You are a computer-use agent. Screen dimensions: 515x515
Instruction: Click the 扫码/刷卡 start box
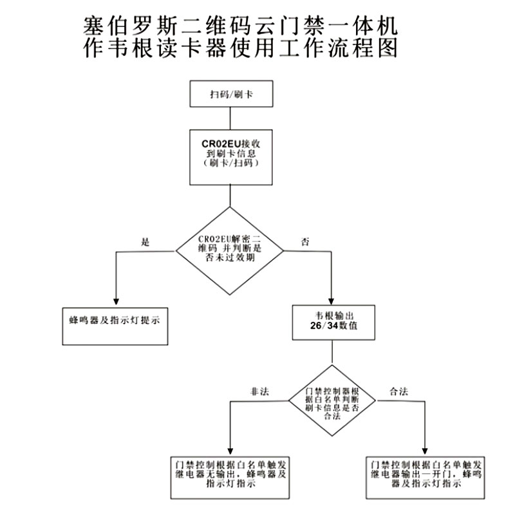click(x=231, y=94)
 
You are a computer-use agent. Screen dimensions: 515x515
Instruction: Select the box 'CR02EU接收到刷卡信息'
click(x=231, y=157)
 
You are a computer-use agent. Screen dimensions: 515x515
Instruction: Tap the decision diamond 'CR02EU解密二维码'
click(x=230, y=250)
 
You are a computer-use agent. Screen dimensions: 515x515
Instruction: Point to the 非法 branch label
click(x=259, y=391)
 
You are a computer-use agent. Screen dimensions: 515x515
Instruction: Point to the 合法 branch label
click(x=399, y=391)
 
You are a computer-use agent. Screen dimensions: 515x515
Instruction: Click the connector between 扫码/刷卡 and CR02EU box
click(x=230, y=118)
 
